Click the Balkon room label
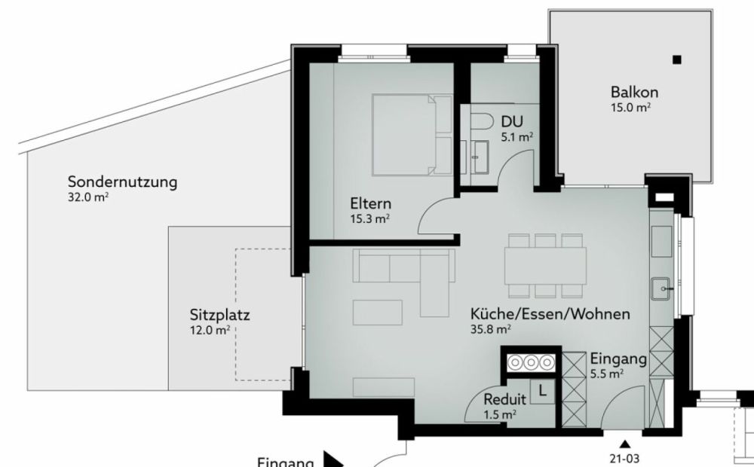point(635,92)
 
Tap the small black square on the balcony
point(677,60)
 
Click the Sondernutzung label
point(122,182)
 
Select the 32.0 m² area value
point(87,198)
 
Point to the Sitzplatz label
point(220,315)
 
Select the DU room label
point(511,121)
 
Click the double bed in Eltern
point(412,134)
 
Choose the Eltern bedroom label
point(370,203)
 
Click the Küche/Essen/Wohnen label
point(550,314)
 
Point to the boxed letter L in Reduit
point(544,389)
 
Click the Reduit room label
point(504,399)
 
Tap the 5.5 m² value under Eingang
point(606,373)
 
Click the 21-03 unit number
point(624,456)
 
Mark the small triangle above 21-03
point(624,443)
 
